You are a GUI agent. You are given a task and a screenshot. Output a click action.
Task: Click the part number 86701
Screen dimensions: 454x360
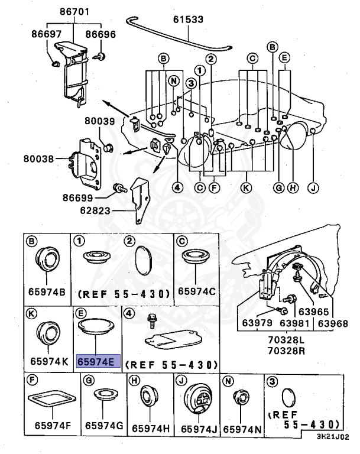click(x=72, y=11)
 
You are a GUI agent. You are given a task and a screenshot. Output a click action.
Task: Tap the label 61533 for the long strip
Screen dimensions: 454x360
click(x=188, y=20)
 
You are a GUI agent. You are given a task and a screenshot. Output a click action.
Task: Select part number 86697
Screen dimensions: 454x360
click(x=44, y=36)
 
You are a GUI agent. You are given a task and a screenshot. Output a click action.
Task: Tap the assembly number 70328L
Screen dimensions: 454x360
click(x=292, y=339)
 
